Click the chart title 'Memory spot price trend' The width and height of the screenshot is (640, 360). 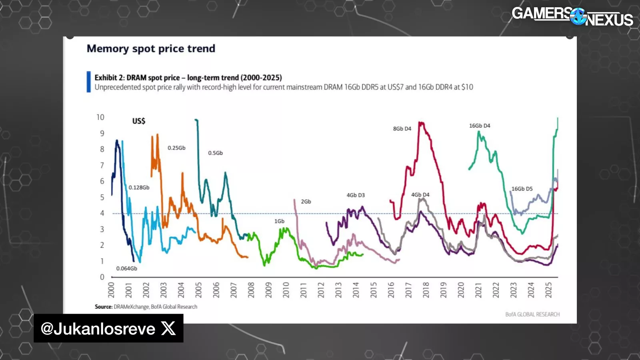tap(151, 49)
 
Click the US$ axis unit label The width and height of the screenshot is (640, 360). tap(139, 121)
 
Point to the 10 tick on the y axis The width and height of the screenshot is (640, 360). tap(100, 117)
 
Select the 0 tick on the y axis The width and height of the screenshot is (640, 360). tap(102, 277)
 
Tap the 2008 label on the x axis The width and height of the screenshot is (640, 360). tap(251, 290)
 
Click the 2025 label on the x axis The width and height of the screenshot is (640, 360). tap(548, 290)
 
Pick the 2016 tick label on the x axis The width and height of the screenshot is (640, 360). tap(391, 290)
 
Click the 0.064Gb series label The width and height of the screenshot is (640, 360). tap(126, 268)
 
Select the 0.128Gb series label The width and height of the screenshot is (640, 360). tap(139, 188)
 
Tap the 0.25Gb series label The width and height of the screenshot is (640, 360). tap(176, 148)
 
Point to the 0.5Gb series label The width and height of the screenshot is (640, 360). tap(215, 153)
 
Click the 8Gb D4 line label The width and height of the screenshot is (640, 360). tap(402, 129)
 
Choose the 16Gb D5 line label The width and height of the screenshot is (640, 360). tap(522, 189)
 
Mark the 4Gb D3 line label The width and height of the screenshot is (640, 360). tap(356, 195)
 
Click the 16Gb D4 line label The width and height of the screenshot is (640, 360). tap(480, 126)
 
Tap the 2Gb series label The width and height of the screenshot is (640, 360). tap(306, 202)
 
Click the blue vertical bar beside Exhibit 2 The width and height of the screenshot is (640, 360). tap(89, 82)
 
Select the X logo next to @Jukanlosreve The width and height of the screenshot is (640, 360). tap(168, 328)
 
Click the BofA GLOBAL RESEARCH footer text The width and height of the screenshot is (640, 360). tap(532, 314)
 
